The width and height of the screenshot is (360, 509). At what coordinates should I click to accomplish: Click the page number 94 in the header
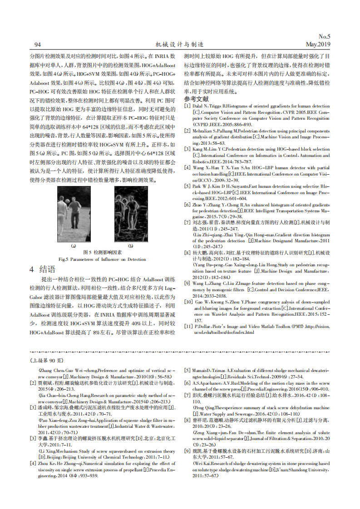38,44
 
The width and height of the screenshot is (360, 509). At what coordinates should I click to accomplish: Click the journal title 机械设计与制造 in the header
179,44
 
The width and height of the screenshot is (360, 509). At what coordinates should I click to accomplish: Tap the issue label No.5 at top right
324,36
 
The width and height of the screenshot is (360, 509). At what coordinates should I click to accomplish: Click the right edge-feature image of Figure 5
130,214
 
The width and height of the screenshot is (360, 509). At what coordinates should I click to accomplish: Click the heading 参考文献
196,98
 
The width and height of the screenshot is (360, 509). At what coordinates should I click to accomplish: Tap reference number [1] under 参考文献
187,106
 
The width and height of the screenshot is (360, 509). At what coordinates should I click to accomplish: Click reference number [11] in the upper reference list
188,326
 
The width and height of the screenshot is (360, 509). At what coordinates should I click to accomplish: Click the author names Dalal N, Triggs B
212,106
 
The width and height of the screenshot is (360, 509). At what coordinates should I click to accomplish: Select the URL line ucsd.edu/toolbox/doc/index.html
224,333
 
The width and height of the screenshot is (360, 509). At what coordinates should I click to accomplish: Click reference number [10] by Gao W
188,301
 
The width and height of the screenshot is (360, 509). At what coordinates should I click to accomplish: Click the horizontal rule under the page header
180,49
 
